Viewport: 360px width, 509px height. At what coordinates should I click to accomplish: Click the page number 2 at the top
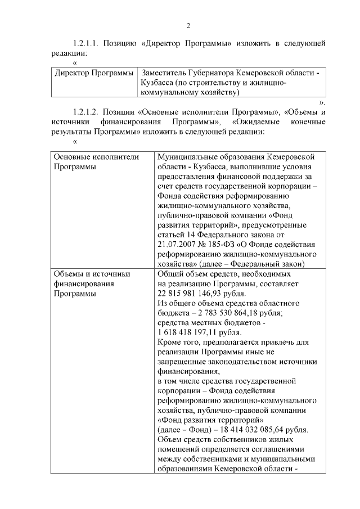pyautogui.click(x=188, y=26)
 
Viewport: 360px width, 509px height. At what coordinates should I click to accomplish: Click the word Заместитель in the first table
pyautogui.click(x=168, y=73)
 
